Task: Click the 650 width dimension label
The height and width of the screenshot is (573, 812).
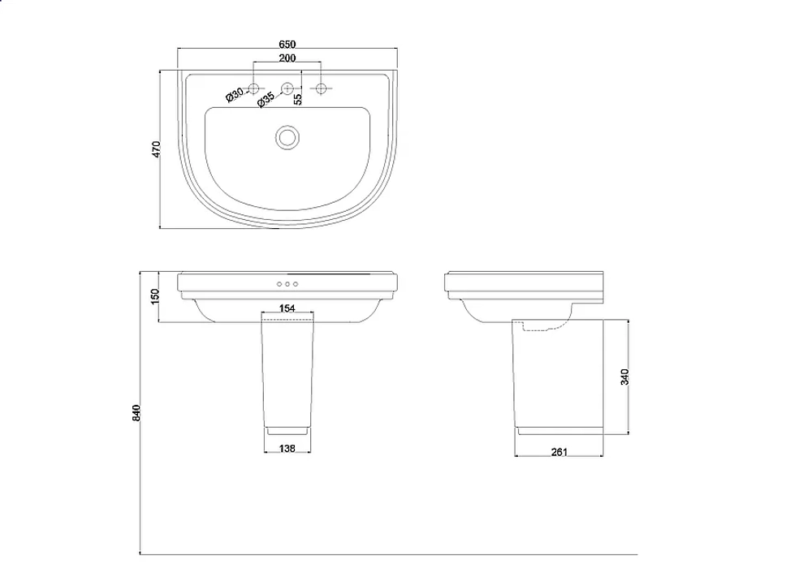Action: coord(287,45)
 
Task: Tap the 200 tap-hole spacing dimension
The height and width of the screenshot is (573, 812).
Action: coord(287,58)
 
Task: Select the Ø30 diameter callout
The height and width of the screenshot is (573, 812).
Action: coord(235,95)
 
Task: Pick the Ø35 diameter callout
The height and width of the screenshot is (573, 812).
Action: coord(266,100)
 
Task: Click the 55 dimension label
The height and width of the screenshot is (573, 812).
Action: coord(298,99)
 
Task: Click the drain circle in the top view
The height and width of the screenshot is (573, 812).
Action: coord(287,138)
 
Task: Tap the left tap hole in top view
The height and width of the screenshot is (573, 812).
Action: coord(253,88)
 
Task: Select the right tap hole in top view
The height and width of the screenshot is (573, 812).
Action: coord(321,88)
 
